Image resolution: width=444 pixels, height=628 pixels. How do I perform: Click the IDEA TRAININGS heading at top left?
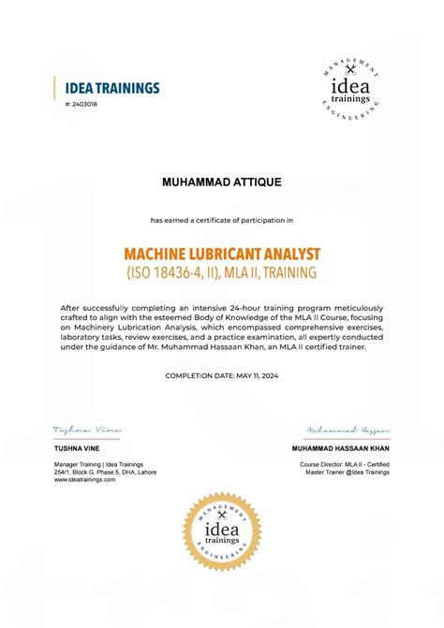(x=106, y=88)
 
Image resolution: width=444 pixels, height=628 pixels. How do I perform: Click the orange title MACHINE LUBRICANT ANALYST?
(x=221, y=254)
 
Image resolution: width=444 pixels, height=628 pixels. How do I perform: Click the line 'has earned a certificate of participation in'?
(x=222, y=220)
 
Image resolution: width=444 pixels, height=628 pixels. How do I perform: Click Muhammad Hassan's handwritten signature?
(x=347, y=431)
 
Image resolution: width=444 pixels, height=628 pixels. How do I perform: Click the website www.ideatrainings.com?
(x=84, y=478)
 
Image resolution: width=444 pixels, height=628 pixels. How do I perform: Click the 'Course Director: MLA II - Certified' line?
(x=345, y=463)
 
